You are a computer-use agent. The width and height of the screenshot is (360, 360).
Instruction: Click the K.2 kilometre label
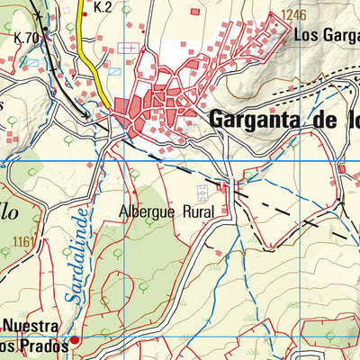point(101,8)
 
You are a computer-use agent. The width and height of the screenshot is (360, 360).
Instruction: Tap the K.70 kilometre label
point(27,37)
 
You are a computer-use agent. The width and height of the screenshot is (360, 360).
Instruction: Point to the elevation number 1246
point(293,14)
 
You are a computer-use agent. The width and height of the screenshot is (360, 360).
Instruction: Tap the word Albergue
point(148,212)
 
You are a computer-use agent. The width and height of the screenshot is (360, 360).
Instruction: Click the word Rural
point(197,212)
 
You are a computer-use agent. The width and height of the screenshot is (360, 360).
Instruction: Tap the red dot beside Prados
point(75,340)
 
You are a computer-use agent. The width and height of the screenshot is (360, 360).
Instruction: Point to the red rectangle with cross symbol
point(129,47)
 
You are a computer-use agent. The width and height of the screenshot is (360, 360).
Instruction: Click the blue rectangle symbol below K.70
point(33,62)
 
